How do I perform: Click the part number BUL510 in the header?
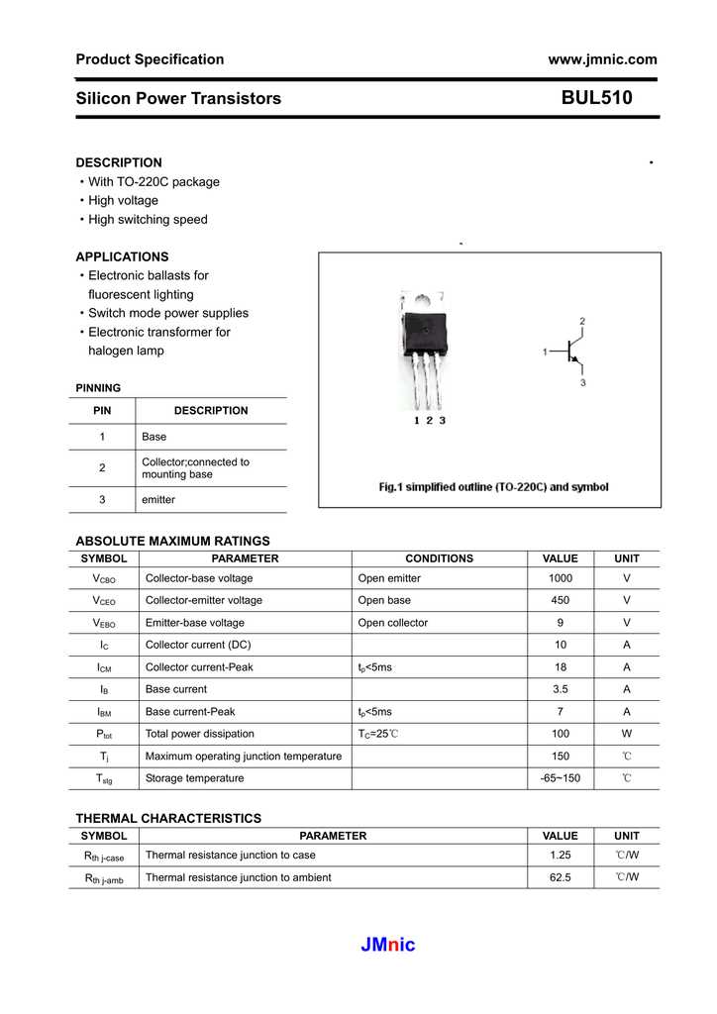[x=596, y=98]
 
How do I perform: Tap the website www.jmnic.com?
[x=602, y=59]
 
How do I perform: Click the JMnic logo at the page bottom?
[x=388, y=945]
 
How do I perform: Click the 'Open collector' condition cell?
[x=392, y=623]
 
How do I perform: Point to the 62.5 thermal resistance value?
[x=561, y=877]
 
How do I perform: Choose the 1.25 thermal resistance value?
[x=561, y=855]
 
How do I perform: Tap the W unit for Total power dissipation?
[x=626, y=734]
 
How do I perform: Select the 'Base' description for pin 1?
[x=154, y=437]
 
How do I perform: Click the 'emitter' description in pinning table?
[x=158, y=500]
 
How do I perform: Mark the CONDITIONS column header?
[x=439, y=558]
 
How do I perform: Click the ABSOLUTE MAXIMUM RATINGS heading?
[x=172, y=541]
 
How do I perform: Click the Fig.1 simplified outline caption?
[x=494, y=487]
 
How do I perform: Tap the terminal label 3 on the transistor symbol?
[x=582, y=382]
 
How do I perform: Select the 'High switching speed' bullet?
[x=148, y=220]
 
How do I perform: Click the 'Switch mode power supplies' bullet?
[x=168, y=313]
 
